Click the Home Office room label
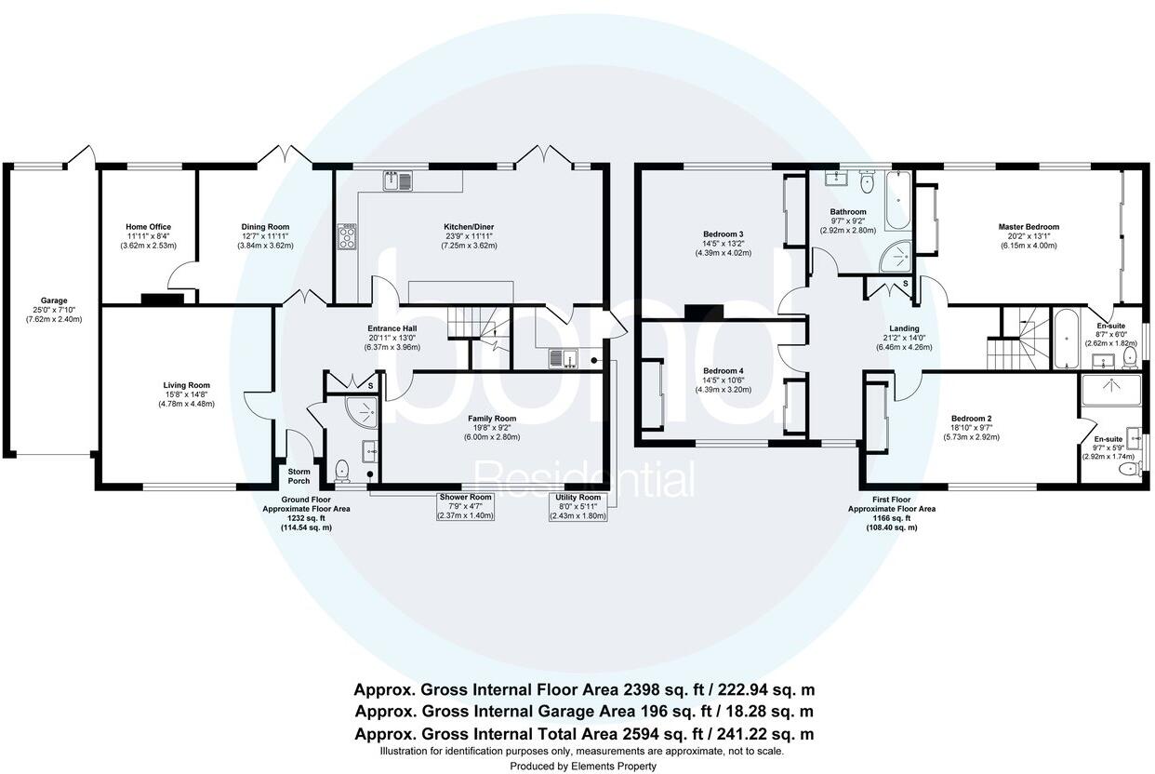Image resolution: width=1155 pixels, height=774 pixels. (148, 227)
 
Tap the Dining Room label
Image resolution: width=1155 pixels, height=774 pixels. (265, 227)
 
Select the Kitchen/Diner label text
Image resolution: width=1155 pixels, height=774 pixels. (470, 227)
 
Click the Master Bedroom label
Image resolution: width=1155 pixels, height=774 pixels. (1029, 227)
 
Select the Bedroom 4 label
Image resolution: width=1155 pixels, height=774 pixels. (722, 370)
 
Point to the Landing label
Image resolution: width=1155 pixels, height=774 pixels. (903, 328)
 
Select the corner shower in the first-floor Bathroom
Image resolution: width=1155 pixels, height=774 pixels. (896, 248)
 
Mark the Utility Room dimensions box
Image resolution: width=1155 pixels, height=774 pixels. (578, 506)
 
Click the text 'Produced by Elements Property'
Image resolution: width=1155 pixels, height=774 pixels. (582, 766)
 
